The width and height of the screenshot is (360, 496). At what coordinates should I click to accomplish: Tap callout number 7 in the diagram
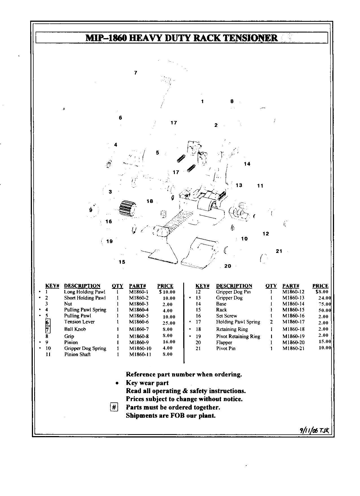click(x=136, y=73)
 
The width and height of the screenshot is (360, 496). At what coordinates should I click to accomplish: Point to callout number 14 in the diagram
click(x=247, y=164)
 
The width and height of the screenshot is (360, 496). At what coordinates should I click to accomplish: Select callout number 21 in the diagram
click(x=279, y=251)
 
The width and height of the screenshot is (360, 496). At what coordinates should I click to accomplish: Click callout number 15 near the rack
click(x=122, y=262)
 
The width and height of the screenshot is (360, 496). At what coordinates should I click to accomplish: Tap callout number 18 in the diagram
click(x=150, y=201)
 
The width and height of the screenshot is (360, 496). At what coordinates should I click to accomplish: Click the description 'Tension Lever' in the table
click(x=79, y=322)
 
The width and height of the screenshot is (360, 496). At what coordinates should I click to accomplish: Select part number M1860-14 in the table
click(x=294, y=304)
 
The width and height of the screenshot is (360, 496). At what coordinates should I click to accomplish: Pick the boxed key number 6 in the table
click(x=48, y=322)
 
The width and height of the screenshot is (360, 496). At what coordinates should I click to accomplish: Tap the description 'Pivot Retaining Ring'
click(x=238, y=337)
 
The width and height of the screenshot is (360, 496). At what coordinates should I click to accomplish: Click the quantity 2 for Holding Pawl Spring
click(x=271, y=322)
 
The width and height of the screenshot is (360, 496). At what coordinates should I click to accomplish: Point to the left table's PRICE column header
click(x=165, y=286)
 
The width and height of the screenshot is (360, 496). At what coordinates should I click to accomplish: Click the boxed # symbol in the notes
click(x=114, y=408)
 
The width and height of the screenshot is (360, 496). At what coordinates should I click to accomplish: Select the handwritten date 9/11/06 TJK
click(x=315, y=430)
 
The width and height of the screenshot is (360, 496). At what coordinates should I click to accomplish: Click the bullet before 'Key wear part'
click(x=117, y=383)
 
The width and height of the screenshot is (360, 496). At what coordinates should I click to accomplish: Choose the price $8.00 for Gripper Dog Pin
click(x=322, y=292)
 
